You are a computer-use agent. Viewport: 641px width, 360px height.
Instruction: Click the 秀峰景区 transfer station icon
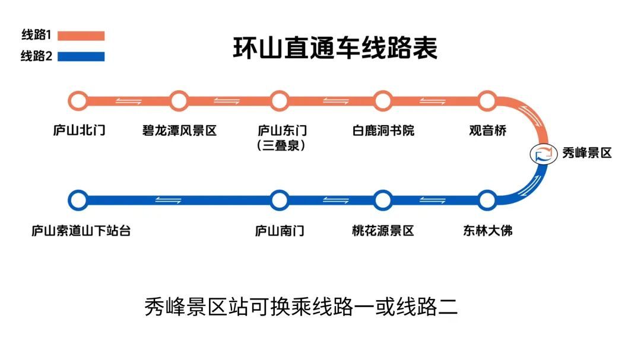(543, 154)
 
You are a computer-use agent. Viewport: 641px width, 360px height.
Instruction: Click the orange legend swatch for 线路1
(81, 36)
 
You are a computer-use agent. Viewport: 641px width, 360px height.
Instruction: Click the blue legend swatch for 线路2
(81, 56)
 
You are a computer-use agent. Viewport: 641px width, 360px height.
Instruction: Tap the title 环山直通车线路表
(335, 48)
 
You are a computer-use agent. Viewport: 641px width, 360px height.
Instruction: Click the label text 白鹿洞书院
(383, 130)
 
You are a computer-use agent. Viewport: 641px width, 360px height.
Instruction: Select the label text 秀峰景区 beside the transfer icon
(587, 153)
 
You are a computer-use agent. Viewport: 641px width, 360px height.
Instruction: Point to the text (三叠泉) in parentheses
(281, 145)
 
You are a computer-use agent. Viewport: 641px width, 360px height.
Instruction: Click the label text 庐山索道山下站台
(81, 231)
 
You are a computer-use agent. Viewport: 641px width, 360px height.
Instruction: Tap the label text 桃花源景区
(383, 231)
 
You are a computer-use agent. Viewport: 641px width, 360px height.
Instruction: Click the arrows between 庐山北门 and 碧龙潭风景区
(128, 101)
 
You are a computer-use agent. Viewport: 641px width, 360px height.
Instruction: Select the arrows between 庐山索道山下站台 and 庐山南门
(168, 200)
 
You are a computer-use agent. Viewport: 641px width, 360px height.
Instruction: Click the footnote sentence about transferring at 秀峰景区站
(302, 307)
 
